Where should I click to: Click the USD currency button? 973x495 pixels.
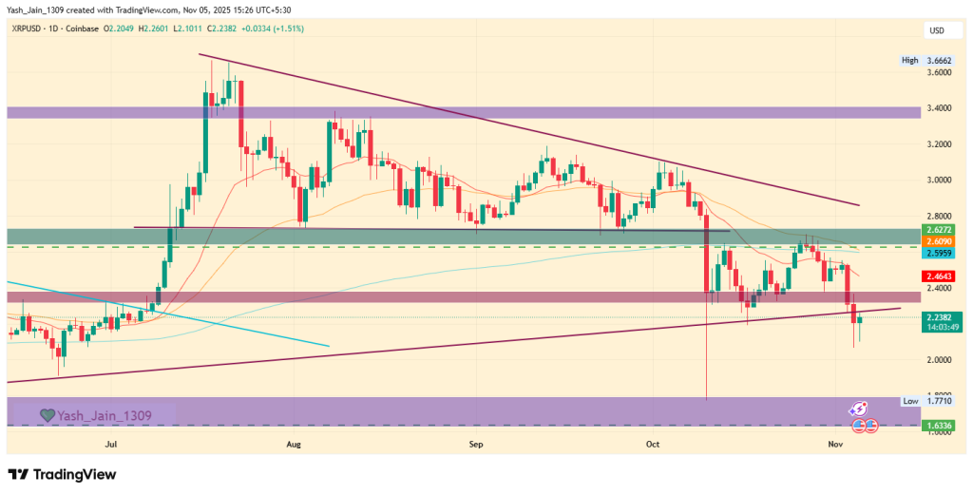[935, 32]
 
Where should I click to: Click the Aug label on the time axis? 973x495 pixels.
[293, 444]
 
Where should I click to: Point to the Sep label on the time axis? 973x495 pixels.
[476, 444]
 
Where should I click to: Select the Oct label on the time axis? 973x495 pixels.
[653, 444]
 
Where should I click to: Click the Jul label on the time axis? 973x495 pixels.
[111, 444]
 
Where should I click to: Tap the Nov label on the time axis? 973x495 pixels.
[835, 444]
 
